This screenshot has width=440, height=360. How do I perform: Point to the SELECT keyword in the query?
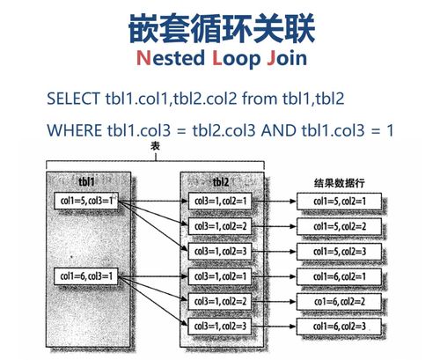tap(76, 99)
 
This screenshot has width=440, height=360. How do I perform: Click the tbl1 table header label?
tap(87, 181)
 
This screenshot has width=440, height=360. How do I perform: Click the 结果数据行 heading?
tap(339, 183)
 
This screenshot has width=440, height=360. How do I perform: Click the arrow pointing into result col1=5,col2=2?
tap(280, 226)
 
